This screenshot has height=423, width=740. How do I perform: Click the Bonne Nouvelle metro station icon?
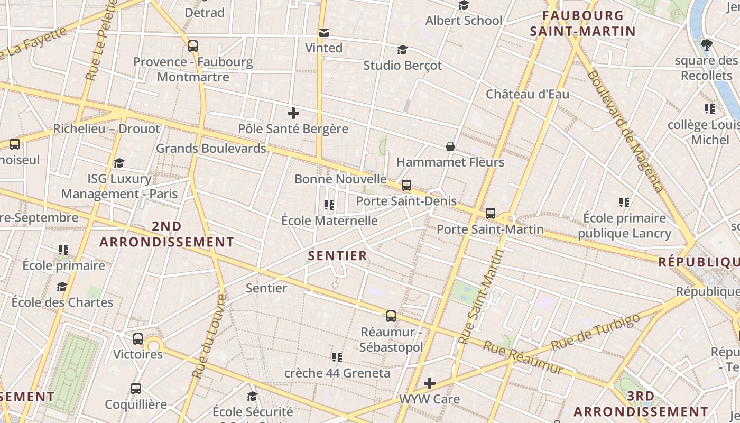click(406, 186)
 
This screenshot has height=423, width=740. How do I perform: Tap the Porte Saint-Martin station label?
click(490, 229)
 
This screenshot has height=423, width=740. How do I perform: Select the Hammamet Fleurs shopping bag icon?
click(450, 146)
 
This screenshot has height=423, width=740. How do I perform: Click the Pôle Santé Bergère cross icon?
click(293, 113)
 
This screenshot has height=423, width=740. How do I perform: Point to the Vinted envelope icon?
click(324, 33)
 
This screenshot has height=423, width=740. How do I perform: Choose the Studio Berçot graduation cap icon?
click(402, 50)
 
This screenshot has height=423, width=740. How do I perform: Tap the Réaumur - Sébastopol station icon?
click(391, 316)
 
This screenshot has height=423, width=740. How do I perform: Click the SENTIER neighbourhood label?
click(337, 256)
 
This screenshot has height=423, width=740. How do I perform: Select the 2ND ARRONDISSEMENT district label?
click(166, 234)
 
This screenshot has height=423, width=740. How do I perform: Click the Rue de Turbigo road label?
click(596, 332)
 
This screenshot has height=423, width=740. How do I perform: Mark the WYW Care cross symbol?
click(430, 383)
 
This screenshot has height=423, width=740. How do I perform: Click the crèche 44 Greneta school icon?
click(337, 357)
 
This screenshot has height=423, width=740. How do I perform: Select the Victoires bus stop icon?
click(138, 339)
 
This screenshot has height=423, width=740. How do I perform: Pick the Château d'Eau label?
click(528, 95)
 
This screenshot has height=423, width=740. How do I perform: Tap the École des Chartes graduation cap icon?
click(62, 287)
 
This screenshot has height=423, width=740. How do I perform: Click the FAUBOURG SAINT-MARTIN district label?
click(582, 23)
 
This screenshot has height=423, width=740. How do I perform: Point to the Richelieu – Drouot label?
click(106, 129)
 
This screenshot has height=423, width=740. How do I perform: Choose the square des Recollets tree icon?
click(706, 45)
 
